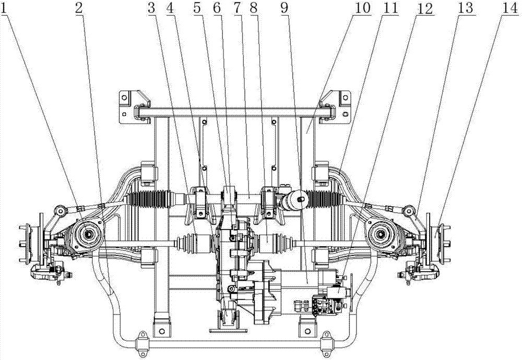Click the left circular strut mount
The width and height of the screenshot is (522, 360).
(x=87, y=234)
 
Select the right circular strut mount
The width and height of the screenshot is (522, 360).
(x=380, y=234)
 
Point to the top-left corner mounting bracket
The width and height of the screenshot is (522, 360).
(x=133, y=106)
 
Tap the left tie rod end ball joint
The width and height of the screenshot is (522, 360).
(x=58, y=211)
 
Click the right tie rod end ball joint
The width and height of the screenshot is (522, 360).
(x=409, y=211)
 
